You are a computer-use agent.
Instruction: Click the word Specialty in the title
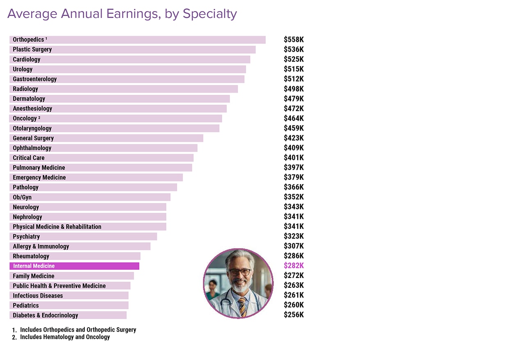pyautogui.click(x=210, y=14)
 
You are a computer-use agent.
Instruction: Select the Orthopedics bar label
pyautogui.click(x=28, y=40)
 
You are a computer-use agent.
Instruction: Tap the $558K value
pyautogui.click(x=294, y=40)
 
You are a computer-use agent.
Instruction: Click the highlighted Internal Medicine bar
pyautogui.click(x=74, y=266)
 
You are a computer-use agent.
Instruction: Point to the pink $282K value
pyautogui.click(x=294, y=266)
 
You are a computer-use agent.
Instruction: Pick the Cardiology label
pyautogui.click(x=27, y=59)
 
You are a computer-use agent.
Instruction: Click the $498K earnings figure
pyautogui.click(x=294, y=89)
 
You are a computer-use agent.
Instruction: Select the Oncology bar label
pyautogui.click(x=25, y=118)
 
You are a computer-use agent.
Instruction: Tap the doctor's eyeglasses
pyautogui.click(x=239, y=272)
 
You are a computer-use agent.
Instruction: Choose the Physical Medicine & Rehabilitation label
pyautogui.click(x=57, y=227)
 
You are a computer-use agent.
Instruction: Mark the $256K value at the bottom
pyautogui.click(x=294, y=315)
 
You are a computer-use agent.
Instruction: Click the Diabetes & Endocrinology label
pyautogui.click(x=46, y=315)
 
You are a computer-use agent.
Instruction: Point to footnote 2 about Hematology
pyautogui.click(x=65, y=337)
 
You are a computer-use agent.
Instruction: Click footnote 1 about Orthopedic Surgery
pyautogui.click(x=78, y=330)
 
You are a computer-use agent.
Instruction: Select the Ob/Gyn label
pyautogui.click(x=22, y=197)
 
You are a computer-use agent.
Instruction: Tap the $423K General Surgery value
pyautogui.click(x=294, y=138)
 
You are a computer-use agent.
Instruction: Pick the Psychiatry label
pyautogui.click(x=26, y=237)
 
